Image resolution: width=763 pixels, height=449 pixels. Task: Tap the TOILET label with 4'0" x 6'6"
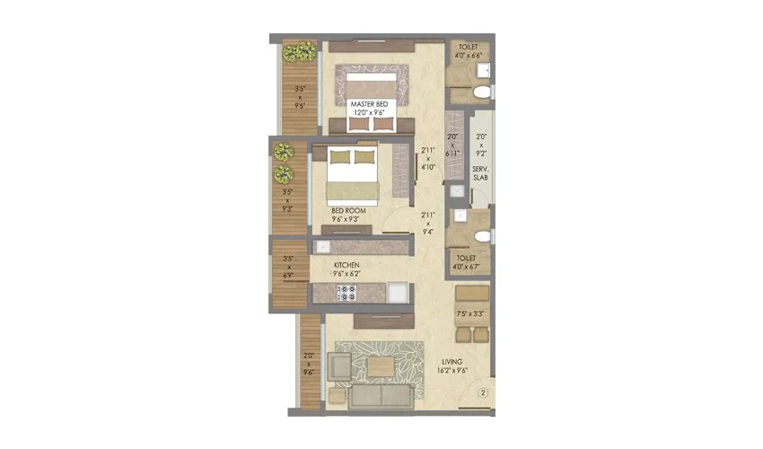469,51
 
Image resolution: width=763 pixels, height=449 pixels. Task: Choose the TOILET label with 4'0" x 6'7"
469,261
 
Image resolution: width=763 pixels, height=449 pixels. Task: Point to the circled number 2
483,392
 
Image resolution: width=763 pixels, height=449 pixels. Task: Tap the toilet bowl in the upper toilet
481,92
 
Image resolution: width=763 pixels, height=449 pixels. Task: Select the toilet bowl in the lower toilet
482,236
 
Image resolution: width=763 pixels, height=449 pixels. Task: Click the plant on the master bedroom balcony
295,51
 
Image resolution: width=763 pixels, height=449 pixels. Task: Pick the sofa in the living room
378,396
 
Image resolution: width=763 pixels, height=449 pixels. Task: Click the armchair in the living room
339,366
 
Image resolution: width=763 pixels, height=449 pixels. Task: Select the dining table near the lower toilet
471,315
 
